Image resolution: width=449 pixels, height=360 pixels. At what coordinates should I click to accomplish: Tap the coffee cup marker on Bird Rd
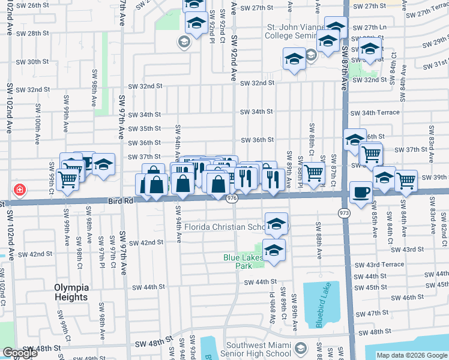pyautogui.click(x=360, y=192)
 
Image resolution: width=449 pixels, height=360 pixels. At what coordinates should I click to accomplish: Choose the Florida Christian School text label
pyautogui.click(x=225, y=227)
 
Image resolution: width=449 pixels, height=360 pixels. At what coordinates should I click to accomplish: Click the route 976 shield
pyautogui.click(x=233, y=197)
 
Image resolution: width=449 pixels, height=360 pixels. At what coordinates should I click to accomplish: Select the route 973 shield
pyautogui.click(x=344, y=212)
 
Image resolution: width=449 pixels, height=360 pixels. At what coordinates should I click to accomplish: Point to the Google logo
pyautogui.click(x=20, y=353)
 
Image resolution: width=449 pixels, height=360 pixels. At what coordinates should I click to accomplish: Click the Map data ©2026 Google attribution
pyautogui.click(x=411, y=355)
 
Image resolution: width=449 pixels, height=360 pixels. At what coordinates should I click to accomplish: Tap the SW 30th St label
pyautogui.click(x=32, y=62)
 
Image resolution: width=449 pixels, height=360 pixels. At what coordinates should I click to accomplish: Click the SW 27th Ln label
pyautogui.click(x=370, y=28)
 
